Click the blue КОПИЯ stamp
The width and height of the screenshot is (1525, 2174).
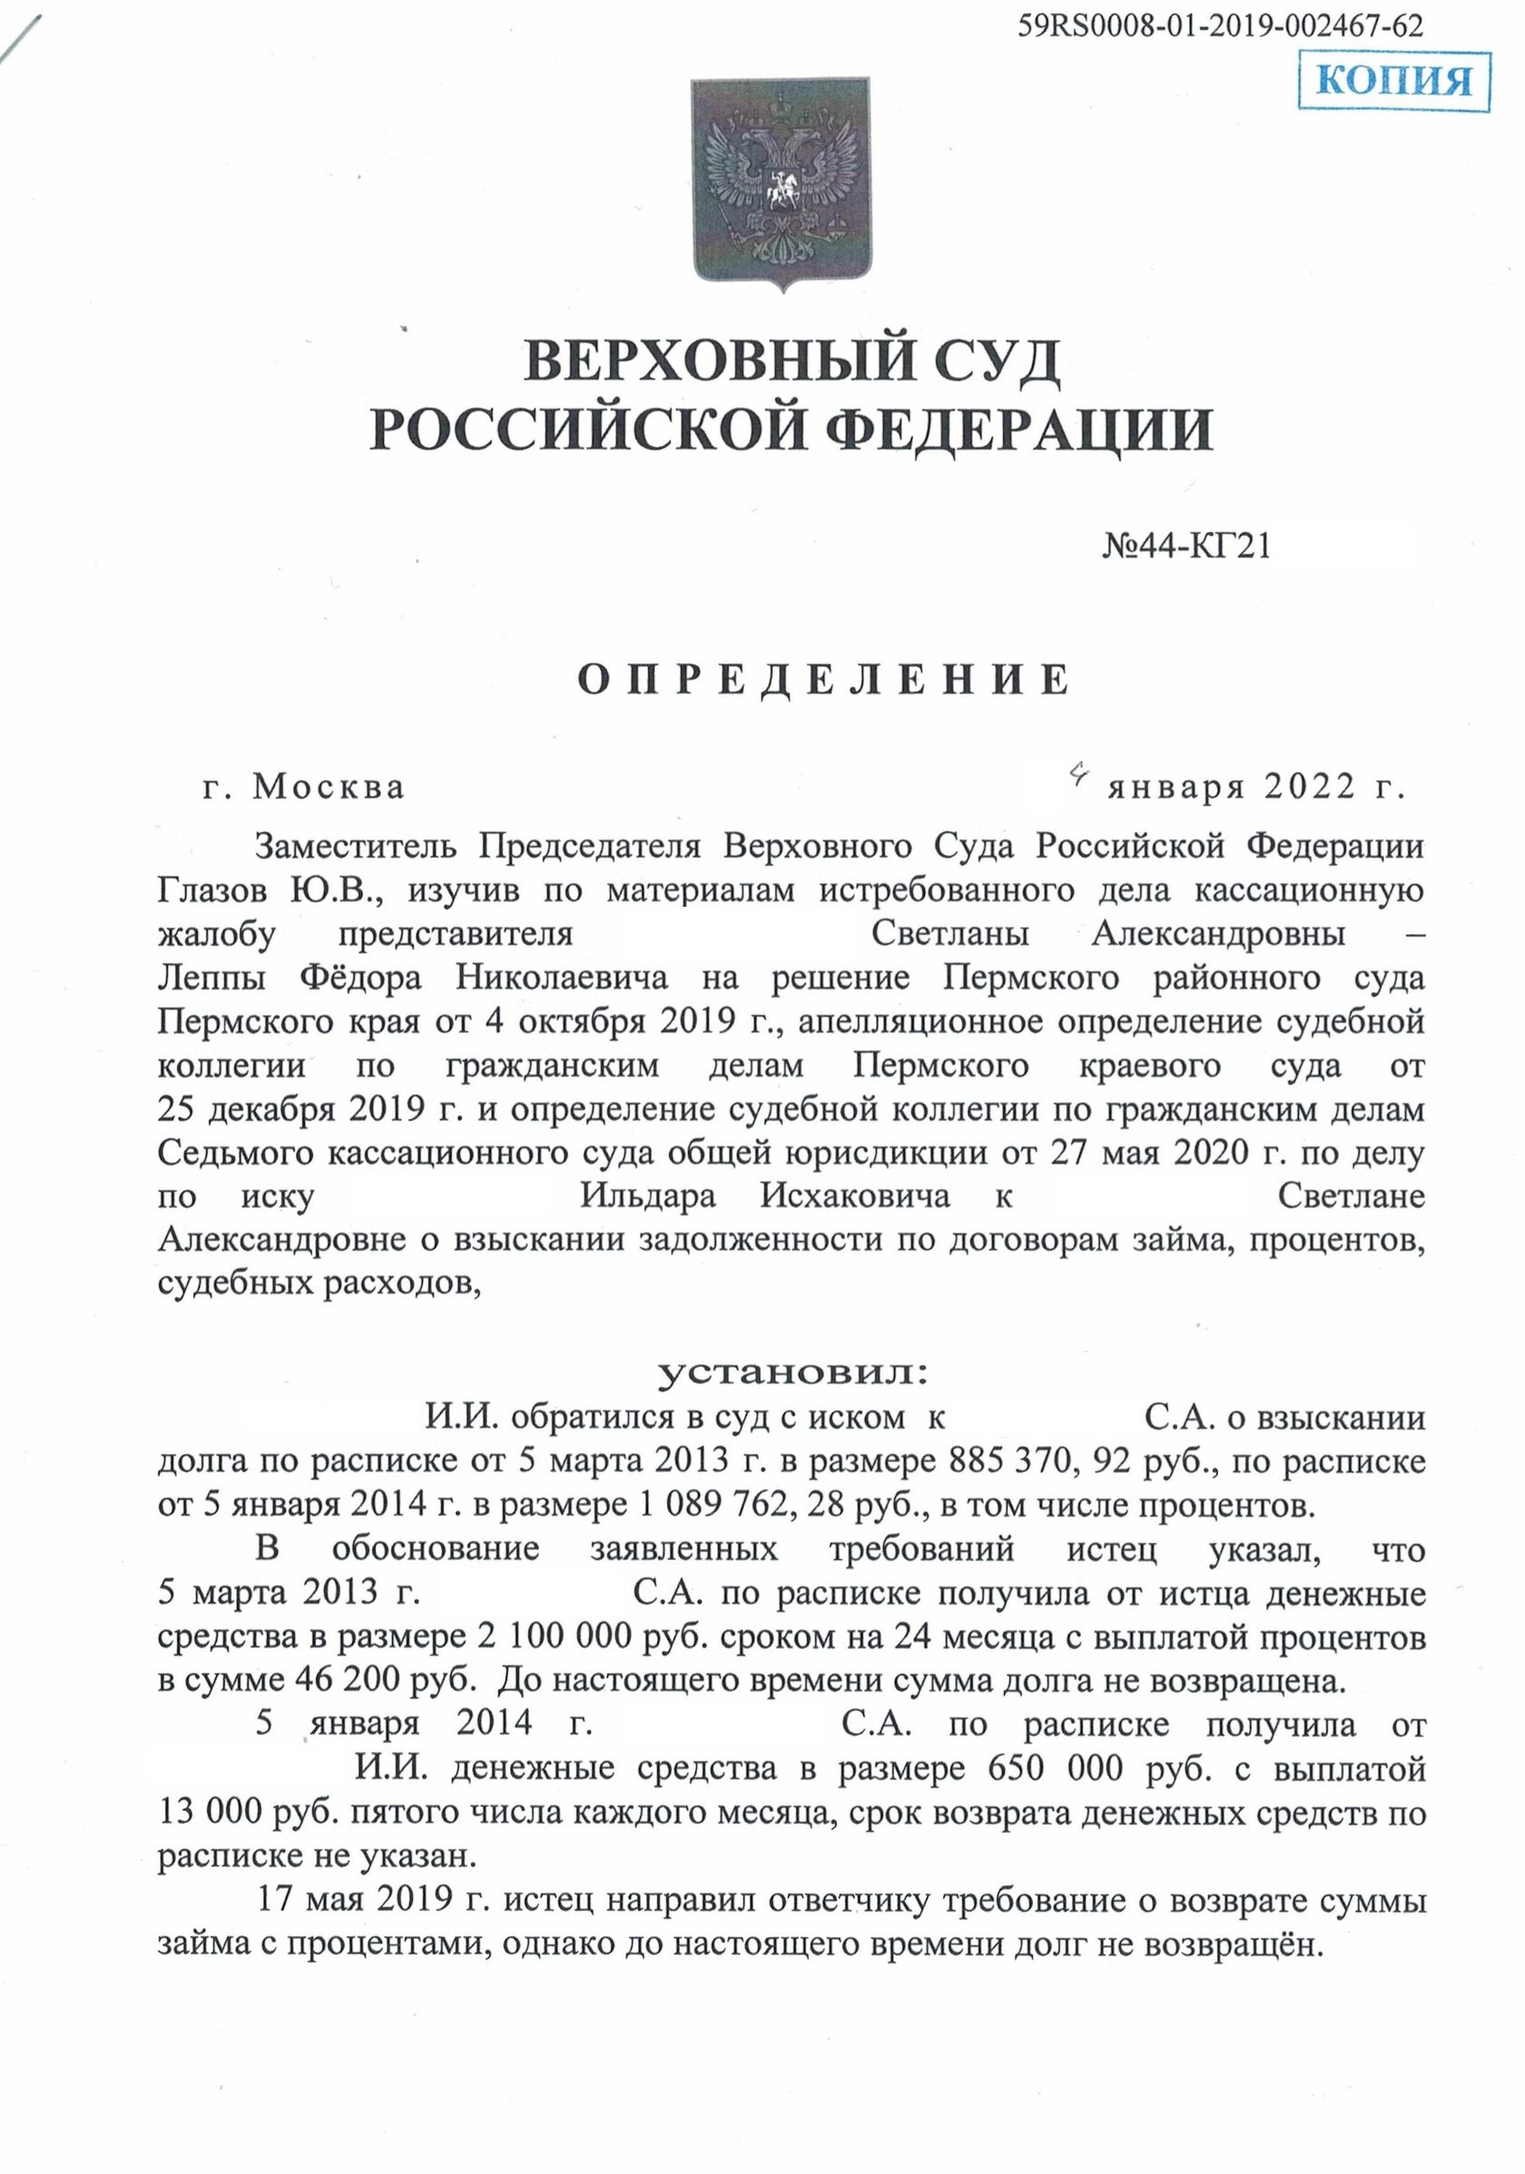point(1393,82)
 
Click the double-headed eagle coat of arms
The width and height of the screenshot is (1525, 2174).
point(781,182)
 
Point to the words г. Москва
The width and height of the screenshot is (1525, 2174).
point(304,787)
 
